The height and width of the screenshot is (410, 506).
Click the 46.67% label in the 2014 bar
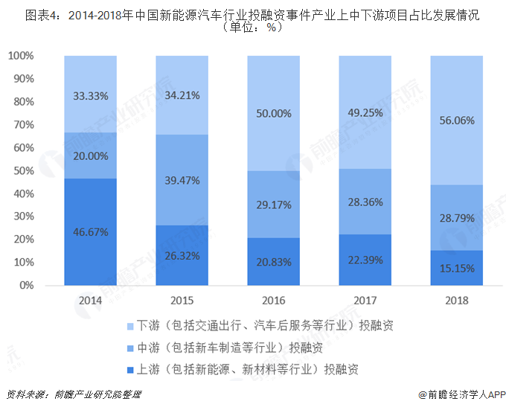pos(91,232)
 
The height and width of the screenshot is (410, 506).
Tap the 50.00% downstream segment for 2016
pos(273,113)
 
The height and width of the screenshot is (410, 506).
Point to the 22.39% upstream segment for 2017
pos(365,260)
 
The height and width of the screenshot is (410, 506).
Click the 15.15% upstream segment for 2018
pos(456,268)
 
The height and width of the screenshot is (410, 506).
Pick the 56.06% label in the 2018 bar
pos(456,120)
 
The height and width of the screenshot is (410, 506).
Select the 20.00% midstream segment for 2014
pos(91,156)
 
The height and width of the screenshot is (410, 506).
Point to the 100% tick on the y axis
pos(21,57)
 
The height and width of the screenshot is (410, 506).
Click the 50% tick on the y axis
pos(24,171)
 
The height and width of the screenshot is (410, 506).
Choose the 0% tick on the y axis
pos(27,286)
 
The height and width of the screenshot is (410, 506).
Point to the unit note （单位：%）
pos(253,27)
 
